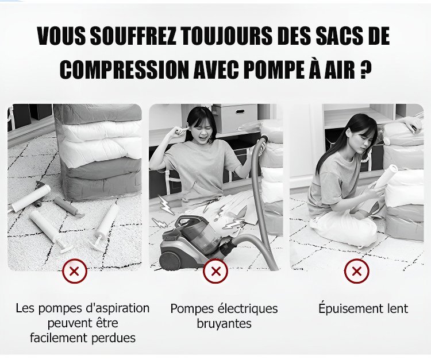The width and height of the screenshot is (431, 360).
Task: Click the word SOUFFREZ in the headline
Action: point(133,36)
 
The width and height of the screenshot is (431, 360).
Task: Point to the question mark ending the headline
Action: point(366,69)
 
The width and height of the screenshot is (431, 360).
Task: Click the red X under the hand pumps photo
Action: point(75,272)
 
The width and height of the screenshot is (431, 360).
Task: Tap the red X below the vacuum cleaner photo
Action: point(215,272)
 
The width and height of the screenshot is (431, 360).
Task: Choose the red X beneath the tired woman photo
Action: point(357,272)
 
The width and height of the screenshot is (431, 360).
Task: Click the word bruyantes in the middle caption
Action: point(224,323)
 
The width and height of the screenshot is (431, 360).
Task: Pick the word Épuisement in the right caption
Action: point(344,308)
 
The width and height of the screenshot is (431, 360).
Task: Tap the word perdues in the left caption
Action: point(113,338)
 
